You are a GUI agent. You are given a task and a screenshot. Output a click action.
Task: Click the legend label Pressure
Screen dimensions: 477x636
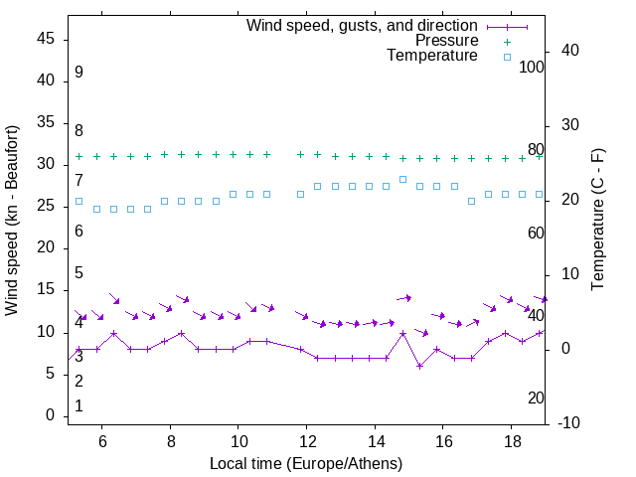click(446, 41)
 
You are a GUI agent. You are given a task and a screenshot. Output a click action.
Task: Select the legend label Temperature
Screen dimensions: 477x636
click(432, 57)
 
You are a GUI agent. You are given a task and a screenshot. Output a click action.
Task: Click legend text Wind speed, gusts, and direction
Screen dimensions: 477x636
click(362, 25)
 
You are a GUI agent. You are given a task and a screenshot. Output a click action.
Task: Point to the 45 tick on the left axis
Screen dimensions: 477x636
click(47, 39)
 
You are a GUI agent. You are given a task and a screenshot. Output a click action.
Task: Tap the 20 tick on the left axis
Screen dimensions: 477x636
click(47, 248)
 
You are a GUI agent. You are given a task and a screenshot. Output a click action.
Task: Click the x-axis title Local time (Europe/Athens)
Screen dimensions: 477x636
click(306, 463)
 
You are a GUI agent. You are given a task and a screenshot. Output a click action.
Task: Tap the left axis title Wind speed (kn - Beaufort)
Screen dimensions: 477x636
click(13, 221)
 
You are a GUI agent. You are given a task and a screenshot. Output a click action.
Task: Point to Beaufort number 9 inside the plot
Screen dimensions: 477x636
click(79, 73)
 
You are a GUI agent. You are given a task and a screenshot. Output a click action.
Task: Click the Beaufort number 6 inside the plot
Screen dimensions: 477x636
click(79, 232)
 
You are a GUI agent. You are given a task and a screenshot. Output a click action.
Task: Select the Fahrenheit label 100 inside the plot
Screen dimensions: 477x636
click(532, 68)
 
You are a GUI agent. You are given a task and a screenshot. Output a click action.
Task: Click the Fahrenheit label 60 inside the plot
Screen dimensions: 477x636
click(536, 233)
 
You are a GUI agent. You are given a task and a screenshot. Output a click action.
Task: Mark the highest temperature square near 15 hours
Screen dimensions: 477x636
click(402, 179)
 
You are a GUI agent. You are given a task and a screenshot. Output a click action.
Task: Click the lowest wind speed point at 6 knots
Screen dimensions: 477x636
click(419, 366)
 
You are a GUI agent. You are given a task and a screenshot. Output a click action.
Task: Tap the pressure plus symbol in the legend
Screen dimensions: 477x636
click(506, 41)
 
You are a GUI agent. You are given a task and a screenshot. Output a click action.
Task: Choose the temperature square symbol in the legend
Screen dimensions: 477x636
click(506, 57)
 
